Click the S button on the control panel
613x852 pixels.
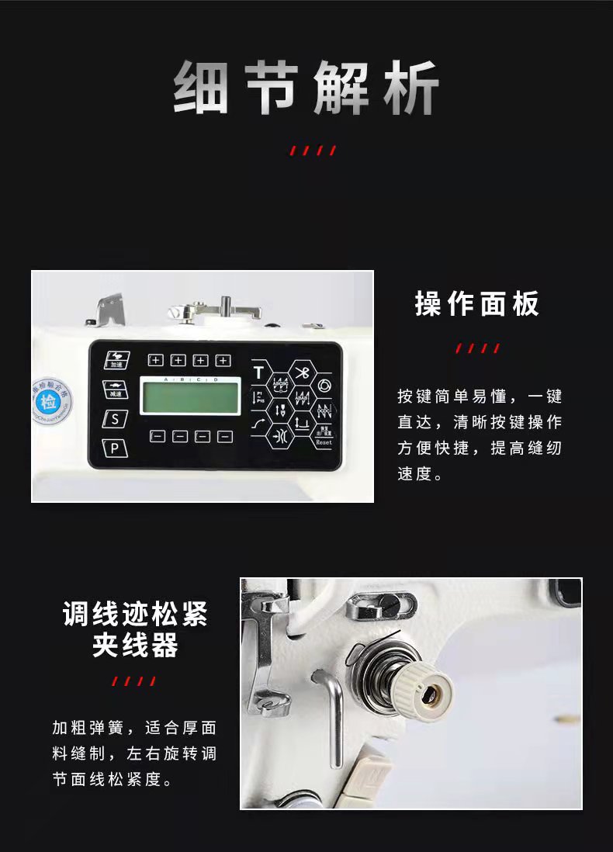pos(116,418)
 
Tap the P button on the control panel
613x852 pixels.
pos(116,448)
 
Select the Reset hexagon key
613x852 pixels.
pos(324,438)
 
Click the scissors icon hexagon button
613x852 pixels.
pos(302,372)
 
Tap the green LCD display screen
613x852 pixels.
pos(189,396)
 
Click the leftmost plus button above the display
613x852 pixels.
pos(156,360)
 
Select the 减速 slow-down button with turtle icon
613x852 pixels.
pos(116,390)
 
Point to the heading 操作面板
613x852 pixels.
pos(476,304)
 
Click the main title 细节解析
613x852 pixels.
pos(306,87)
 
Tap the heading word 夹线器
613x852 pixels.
pos(135,646)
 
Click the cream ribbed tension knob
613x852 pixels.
pos(426,684)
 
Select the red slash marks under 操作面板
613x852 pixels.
pos(476,348)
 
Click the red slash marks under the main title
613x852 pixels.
pos(313,151)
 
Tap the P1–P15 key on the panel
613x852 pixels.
pos(258,397)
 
